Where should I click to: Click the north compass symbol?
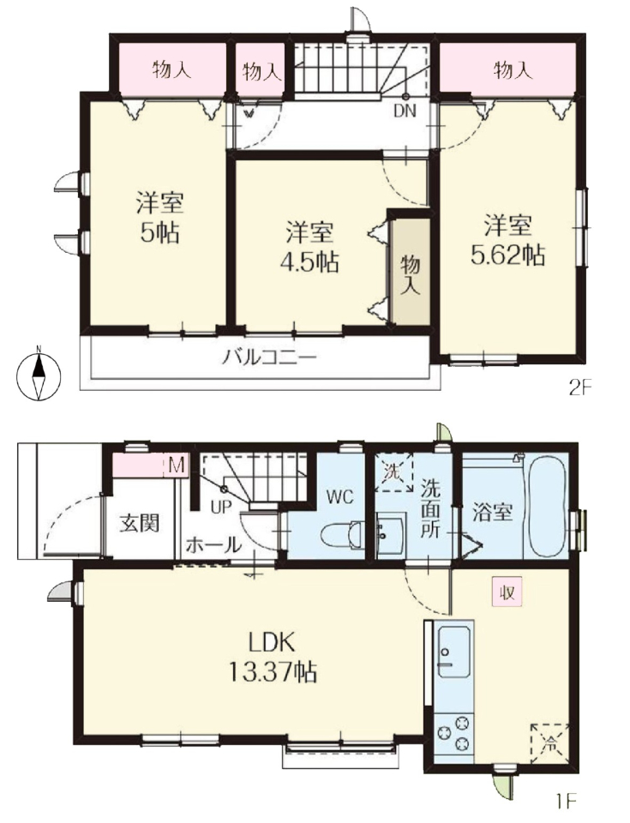click(x=39, y=375)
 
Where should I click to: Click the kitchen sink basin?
click(x=453, y=651)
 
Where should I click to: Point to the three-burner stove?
click(x=454, y=733)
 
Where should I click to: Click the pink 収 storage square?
click(x=507, y=592)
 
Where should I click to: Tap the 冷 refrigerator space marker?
click(x=549, y=742)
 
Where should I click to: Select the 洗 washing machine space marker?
click(x=393, y=472)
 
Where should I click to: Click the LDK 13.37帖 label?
click(x=273, y=656)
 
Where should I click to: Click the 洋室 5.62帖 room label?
click(x=507, y=240)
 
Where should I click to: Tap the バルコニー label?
click(x=269, y=359)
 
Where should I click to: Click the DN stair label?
click(x=405, y=111)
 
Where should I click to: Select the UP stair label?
click(x=221, y=508)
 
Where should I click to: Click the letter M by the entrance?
click(x=177, y=466)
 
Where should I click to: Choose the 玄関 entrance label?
click(x=139, y=523)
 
